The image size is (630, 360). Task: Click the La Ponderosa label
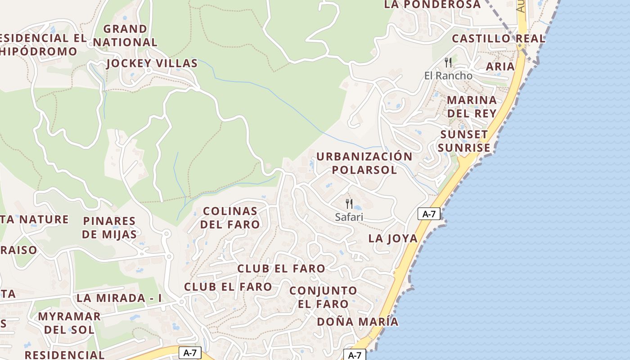432,4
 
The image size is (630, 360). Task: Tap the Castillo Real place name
498,39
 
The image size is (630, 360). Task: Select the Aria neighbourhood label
500,67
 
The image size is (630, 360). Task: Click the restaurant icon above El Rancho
448,62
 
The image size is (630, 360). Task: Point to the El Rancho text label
448,76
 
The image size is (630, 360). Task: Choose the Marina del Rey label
472,106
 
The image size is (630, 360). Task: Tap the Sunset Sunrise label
464,141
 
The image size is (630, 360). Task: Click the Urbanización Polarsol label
364,163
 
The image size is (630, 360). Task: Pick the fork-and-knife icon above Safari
349,203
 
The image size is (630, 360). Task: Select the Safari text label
349,217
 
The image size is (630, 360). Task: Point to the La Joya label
393,238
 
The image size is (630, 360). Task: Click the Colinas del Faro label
230,217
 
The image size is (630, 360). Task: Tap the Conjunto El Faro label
323,297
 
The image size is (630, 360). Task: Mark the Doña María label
357,322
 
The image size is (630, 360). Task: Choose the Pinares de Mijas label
109,227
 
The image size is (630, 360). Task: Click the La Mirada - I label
119,298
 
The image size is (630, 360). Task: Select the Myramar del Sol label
69,323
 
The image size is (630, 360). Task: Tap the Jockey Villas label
152,63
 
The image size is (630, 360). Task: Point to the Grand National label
125,36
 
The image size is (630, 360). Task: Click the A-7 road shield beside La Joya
429,214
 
